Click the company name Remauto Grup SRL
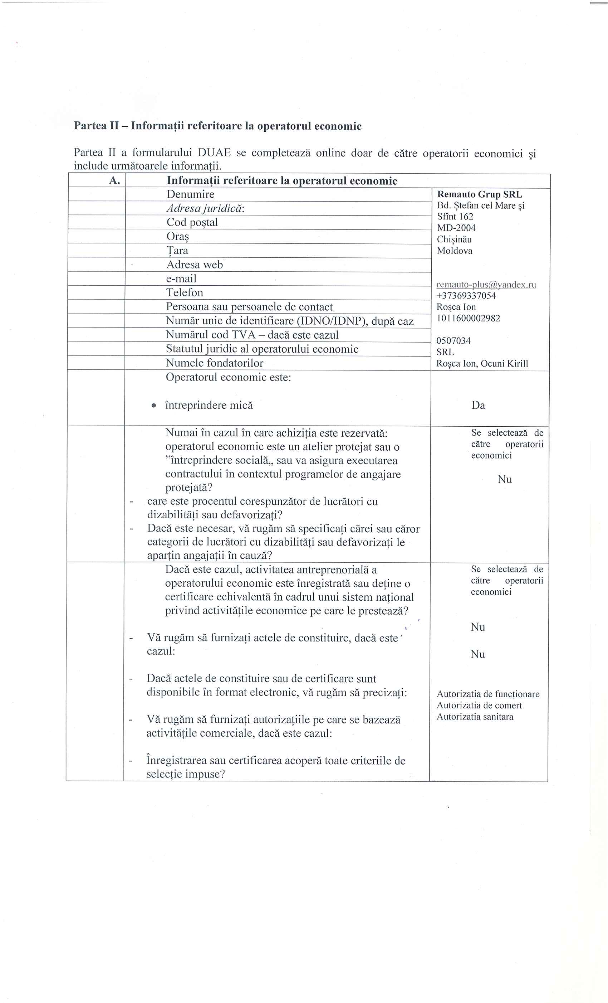coord(479,195)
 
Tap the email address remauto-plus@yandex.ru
coord(486,285)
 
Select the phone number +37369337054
coord(466,296)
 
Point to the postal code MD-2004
coord(456,228)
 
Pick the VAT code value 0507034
coord(453,341)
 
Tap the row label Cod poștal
coord(192,222)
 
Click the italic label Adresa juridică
coord(205,208)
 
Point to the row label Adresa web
coord(195,265)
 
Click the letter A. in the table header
coord(115,180)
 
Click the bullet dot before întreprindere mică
coord(153,406)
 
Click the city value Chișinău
coord(454,239)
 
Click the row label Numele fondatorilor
coord(214,363)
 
